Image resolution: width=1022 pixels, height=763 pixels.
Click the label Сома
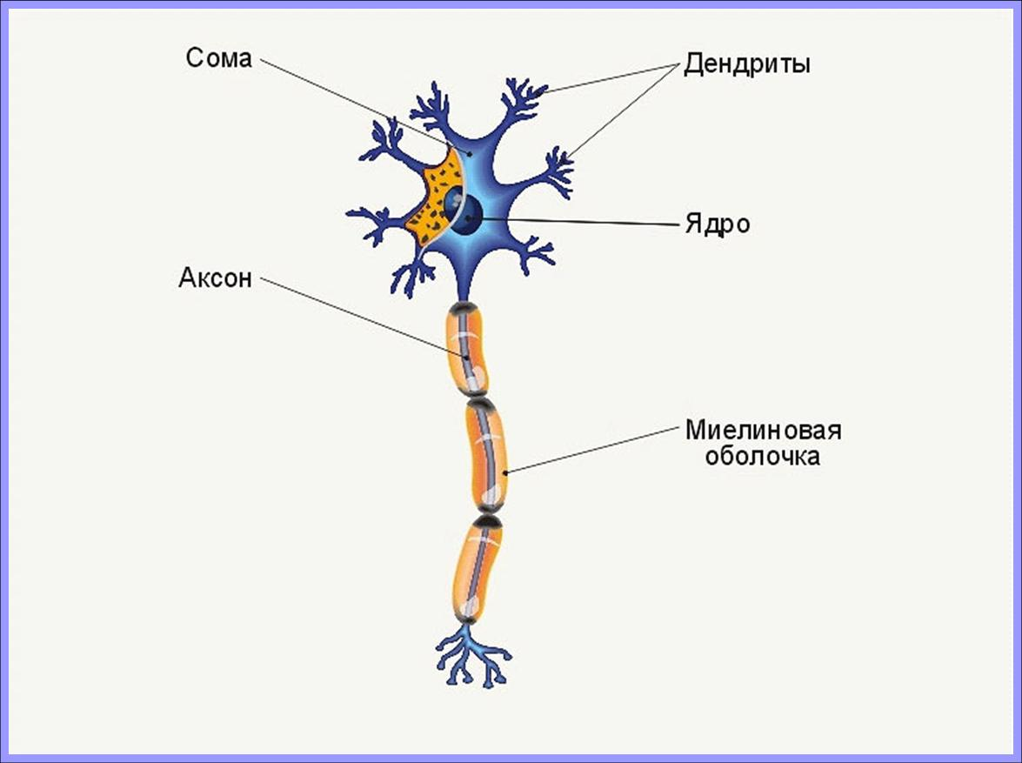point(218,59)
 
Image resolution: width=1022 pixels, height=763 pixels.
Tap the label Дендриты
point(746,64)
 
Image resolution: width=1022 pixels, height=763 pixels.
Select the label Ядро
point(717,224)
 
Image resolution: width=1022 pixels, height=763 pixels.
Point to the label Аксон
point(215,278)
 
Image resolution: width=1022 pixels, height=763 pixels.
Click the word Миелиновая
point(763,431)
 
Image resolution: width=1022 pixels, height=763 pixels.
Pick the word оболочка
point(762,458)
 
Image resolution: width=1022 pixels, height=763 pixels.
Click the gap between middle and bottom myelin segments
point(488,519)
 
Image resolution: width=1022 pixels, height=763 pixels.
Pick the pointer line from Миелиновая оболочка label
point(591,450)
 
